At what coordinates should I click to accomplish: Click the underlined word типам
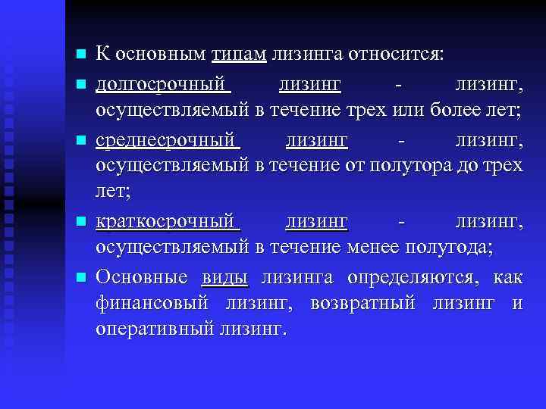pyautogui.click(x=239, y=55)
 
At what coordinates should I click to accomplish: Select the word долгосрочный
pyautogui.click(x=162, y=82)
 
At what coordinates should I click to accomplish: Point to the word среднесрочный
pyautogui.click(x=167, y=141)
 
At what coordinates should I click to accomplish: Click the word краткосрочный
pyautogui.click(x=167, y=222)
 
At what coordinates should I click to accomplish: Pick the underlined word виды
pyautogui.click(x=225, y=277)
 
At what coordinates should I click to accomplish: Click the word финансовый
pyautogui.click(x=152, y=304)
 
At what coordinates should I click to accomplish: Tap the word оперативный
pyautogui.click(x=155, y=329)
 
